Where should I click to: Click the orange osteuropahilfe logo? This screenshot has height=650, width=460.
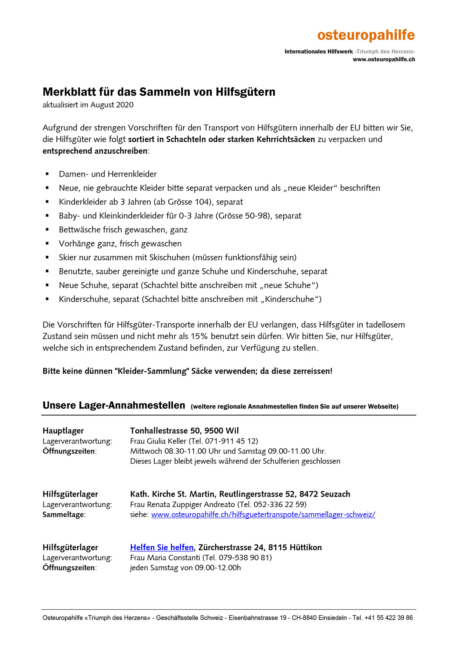[366, 35]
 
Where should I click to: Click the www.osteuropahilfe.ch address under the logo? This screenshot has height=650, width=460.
[384, 59]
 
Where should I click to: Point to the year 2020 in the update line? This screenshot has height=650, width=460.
[125, 105]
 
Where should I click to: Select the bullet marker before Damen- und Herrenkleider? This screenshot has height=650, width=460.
[47, 174]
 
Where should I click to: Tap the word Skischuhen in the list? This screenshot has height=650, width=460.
[169, 258]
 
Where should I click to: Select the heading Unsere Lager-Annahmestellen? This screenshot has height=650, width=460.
[114, 405]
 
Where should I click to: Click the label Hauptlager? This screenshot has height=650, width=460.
[63, 431]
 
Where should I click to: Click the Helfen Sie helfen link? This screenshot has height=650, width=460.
[162, 547]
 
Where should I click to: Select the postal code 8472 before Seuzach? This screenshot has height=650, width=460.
[309, 494]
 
